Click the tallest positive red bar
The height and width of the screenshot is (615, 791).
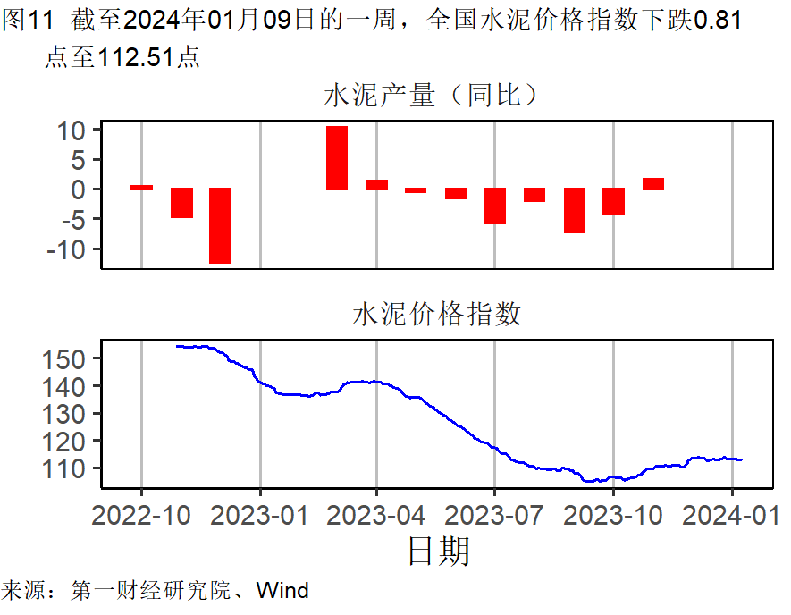click(x=337, y=158)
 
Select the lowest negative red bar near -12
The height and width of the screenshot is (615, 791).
click(x=220, y=225)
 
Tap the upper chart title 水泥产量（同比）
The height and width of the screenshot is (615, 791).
click(x=433, y=96)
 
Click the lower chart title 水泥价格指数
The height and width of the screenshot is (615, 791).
click(x=437, y=315)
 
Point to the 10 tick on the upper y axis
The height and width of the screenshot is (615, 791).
click(x=72, y=131)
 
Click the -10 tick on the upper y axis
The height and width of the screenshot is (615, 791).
click(x=66, y=249)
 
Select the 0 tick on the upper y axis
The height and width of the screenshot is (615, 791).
click(x=79, y=190)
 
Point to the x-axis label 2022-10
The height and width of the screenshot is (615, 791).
click(x=141, y=515)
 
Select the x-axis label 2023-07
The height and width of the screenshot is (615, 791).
click(x=494, y=515)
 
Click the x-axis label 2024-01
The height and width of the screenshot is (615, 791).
click(x=732, y=515)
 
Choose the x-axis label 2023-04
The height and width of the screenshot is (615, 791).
click(x=376, y=515)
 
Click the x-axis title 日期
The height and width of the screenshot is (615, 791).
click(x=438, y=551)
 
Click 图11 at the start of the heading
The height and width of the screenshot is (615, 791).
click(x=24, y=20)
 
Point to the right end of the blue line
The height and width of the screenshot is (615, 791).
click(x=742, y=459)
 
